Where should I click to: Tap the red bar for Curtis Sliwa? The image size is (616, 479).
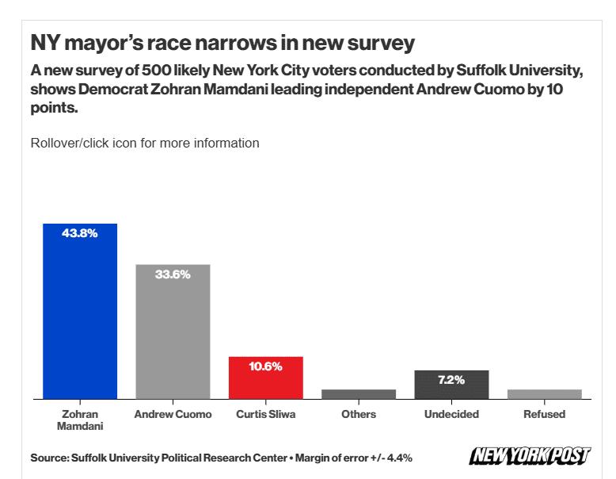[266, 378]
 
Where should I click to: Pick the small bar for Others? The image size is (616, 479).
[359, 394]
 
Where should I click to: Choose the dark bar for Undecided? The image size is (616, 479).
[451, 385]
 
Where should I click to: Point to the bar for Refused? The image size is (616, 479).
[545, 394]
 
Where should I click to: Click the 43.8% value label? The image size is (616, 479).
[79, 234]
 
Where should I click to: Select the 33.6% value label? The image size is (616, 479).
[173, 274]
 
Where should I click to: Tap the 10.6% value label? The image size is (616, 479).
[266, 366]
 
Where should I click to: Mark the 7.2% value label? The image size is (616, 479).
[451, 380]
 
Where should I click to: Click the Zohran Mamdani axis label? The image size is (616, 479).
[79, 420]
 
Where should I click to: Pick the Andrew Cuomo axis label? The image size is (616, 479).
[173, 414]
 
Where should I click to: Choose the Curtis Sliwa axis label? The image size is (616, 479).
[266, 414]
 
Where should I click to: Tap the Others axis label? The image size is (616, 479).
[359, 414]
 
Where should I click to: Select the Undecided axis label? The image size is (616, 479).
[451, 414]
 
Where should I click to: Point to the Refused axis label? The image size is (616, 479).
[545, 414]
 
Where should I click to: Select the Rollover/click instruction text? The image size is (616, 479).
[145, 144]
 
